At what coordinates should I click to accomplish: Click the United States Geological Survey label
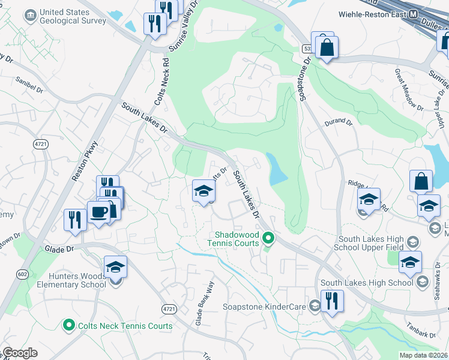point(72,17)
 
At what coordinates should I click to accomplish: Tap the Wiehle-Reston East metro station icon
point(413,14)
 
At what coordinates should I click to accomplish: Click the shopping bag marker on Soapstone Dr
point(327,48)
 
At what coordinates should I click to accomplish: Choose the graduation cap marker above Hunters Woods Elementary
point(115,267)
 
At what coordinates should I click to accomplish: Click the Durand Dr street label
point(339,122)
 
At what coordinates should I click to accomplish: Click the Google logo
point(20,353)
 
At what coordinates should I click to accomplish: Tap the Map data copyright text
point(423,355)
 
